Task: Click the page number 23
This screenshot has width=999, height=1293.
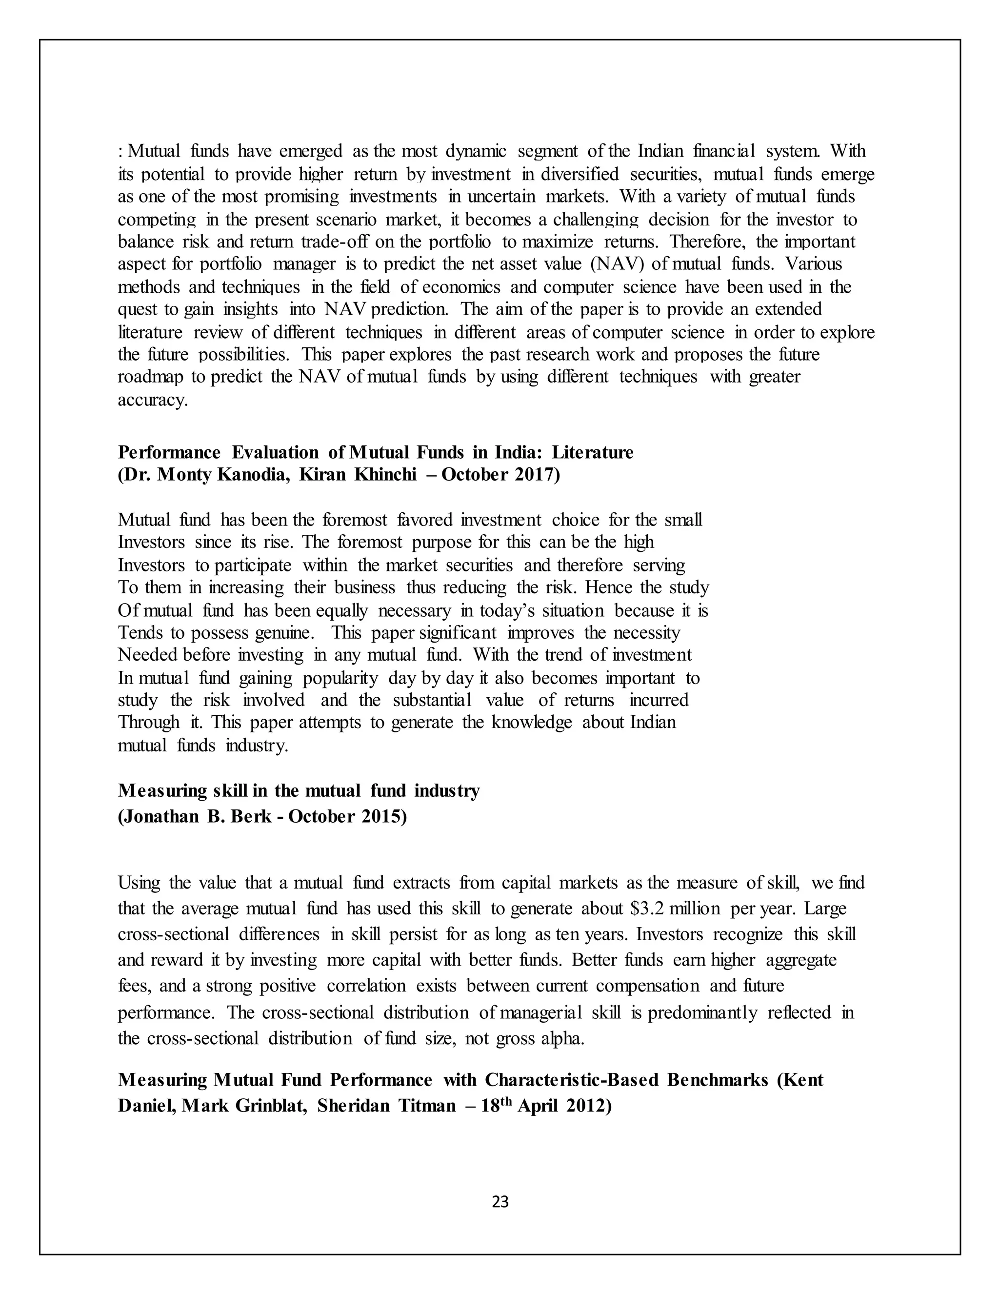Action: pyautogui.click(x=500, y=1201)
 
